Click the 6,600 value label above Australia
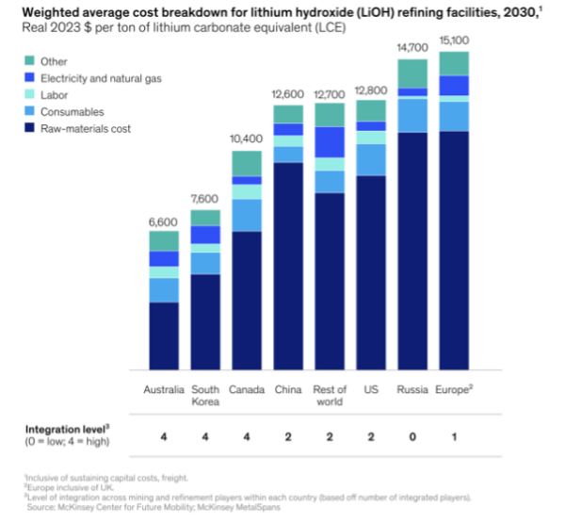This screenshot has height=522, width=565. coord(164,220)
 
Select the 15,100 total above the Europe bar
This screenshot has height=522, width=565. coord(454,41)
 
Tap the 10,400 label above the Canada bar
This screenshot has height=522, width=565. coord(247,139)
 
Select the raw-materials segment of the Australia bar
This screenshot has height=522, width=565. coord(164,336)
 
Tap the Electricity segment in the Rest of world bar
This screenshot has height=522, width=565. coord(330,142)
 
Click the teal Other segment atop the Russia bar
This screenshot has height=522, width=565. coord(412,73)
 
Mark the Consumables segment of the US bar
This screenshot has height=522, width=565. coord(371,159)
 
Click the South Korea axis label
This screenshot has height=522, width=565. coord(205,396)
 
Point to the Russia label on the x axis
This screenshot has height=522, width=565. coord(412,390)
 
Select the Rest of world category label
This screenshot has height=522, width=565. coord(330,396)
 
